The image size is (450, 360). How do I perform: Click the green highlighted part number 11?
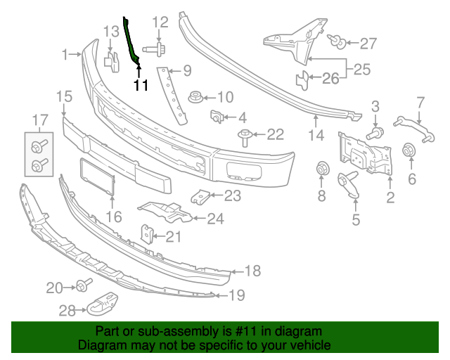131,41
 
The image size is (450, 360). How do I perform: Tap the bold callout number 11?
141,86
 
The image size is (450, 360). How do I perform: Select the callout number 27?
368,44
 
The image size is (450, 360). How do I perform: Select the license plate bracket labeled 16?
97,178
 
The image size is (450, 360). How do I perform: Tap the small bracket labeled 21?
148,234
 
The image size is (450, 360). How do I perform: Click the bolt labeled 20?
85,286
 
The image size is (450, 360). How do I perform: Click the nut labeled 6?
406,151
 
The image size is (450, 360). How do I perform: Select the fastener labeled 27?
338,44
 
